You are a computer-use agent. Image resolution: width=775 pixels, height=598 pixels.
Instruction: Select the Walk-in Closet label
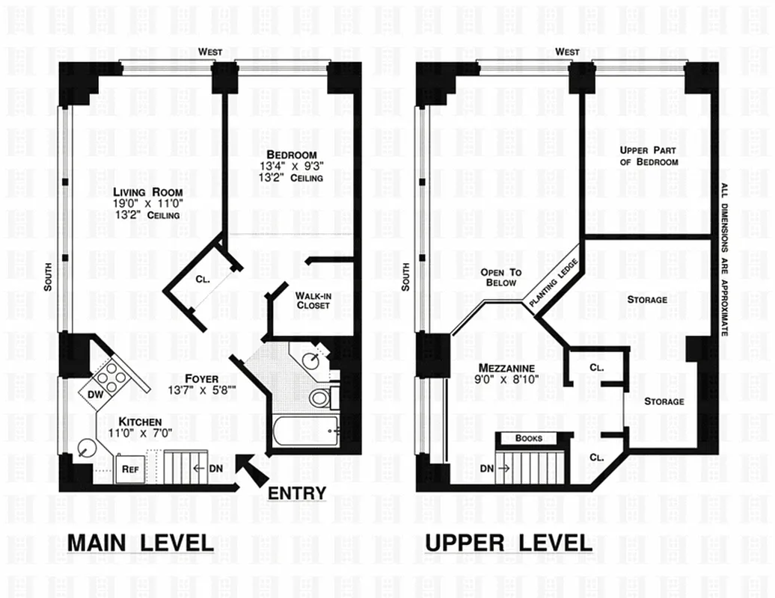pyautogui.click(x=313, y=300)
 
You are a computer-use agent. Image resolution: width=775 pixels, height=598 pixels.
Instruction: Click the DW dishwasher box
pyautogui.click(x=94, y=393)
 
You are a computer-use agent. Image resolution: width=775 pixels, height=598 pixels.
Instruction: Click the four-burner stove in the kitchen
pyautogui.click(x=111, y=377)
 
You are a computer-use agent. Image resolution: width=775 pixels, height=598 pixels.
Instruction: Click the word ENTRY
pyautogui.click(x=297, y=493)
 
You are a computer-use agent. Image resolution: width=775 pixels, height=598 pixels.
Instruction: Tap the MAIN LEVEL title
pyautogui.click(x=140, y=543)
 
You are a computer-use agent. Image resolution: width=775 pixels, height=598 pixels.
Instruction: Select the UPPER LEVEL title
pyautogui.click(x=509, y=543)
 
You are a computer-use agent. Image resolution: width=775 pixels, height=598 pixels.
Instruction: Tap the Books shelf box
pyautogui.click(x=529, y=438)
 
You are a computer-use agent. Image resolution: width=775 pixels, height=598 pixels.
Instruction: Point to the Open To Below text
pyautogui.click(x=501, y=278)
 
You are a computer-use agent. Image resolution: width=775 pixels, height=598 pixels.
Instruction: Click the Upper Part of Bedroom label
pyautogui.click(x=649, y=156)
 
